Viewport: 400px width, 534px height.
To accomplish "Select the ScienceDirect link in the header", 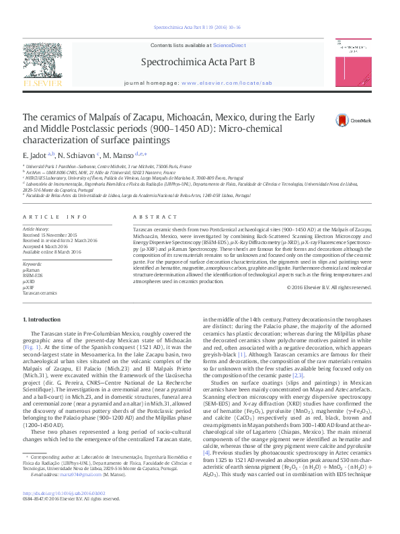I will pyautogui.click(x=229, y=44).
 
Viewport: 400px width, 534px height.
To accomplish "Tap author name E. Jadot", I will pyautogui.click(x=36, y=155).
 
